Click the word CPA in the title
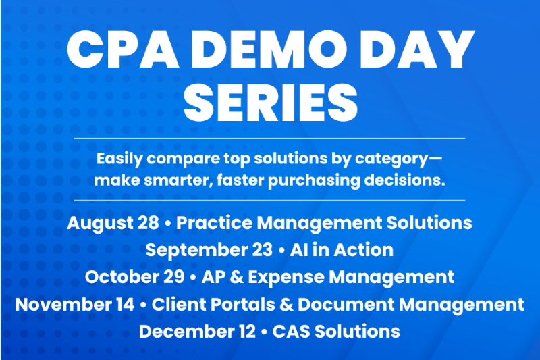[123, 49]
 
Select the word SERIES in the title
[271, 103]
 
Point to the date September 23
[209, 250]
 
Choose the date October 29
[134, 277]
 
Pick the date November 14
[75, 305]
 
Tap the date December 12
[197, 332]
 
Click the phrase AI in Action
[342, 250]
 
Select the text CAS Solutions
[336, 332]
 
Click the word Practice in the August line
[214, 222]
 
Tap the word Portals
[243, 305]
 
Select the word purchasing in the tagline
[314, 181]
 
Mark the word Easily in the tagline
[119, 159]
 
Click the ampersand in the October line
[237, 277]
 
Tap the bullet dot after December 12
[264, 332]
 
